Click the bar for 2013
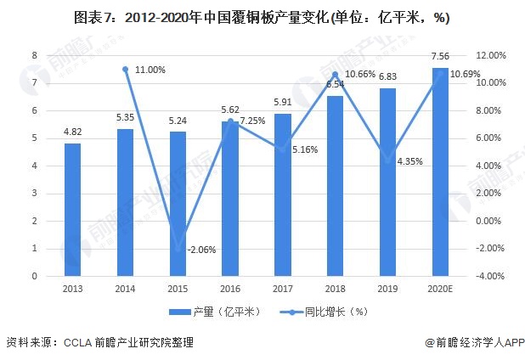[73, 210]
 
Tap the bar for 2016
[230, 199]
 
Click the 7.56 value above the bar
[440, 57]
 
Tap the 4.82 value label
[73, 132]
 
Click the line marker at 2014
[126, 69]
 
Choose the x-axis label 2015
[178, 289]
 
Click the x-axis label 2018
[335, 289]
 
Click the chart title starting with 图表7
[262, 17]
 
